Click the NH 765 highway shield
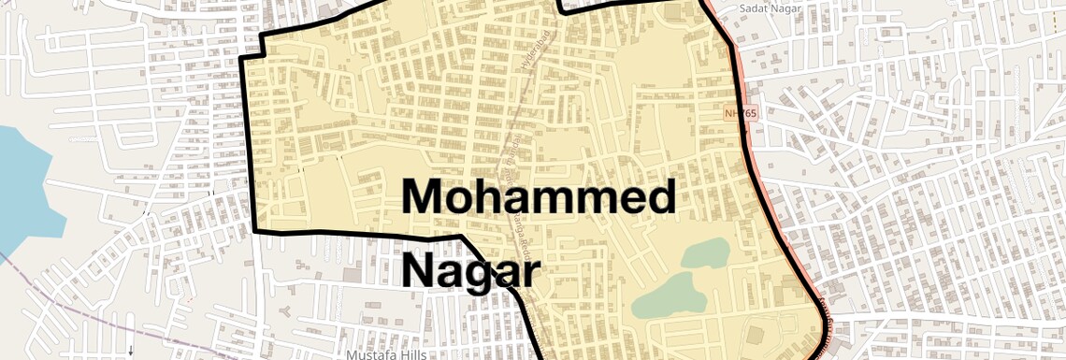pos(741,113)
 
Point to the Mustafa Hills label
pos(386,355)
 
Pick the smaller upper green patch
pos(706,252)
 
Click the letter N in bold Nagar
pos(421,271)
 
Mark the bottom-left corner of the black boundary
pos(255,231)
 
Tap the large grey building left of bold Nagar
pos(352,275)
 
